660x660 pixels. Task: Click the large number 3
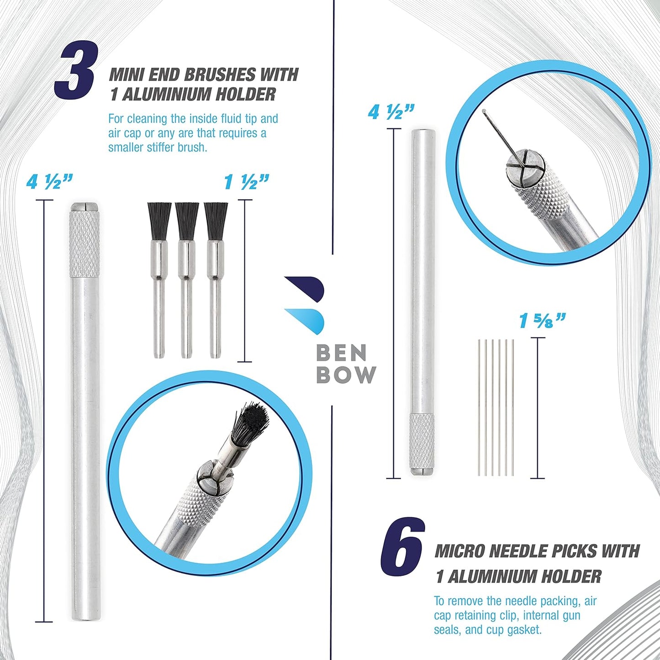coord(74,71)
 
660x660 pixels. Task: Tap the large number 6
coord(402,554)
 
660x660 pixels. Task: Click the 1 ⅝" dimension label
coord(540,321)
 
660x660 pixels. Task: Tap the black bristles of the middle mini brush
coord(187,221)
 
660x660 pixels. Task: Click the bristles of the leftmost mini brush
coord(159,221)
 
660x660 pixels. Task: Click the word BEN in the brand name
coord(341,353)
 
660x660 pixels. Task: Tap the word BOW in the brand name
coord(346,375)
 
